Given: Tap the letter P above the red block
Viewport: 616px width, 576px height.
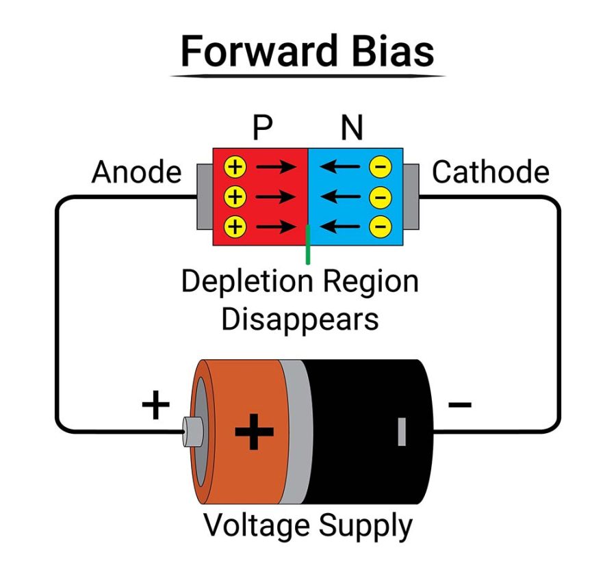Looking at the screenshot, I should pyautogui.click(x=261, y=127).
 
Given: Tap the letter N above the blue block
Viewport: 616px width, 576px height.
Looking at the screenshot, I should pyautogui.click(x=352, y=127).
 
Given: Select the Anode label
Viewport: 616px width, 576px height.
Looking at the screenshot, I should pyautogui.click(x=136, y=172).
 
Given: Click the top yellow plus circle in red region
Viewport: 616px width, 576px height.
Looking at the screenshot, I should pyautogui.click(x=235, y=166).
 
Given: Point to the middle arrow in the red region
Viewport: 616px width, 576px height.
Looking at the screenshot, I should pyautogui.click(x=278, y=197).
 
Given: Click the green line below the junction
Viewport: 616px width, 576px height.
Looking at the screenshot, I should pyautogui.click(x=308, y=244).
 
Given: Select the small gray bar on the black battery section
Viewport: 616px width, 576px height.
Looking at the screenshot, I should pyautogui.click(x=402, y=432).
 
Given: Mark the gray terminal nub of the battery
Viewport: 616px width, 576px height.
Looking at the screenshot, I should pyautogui.click(x=191, y=431).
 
